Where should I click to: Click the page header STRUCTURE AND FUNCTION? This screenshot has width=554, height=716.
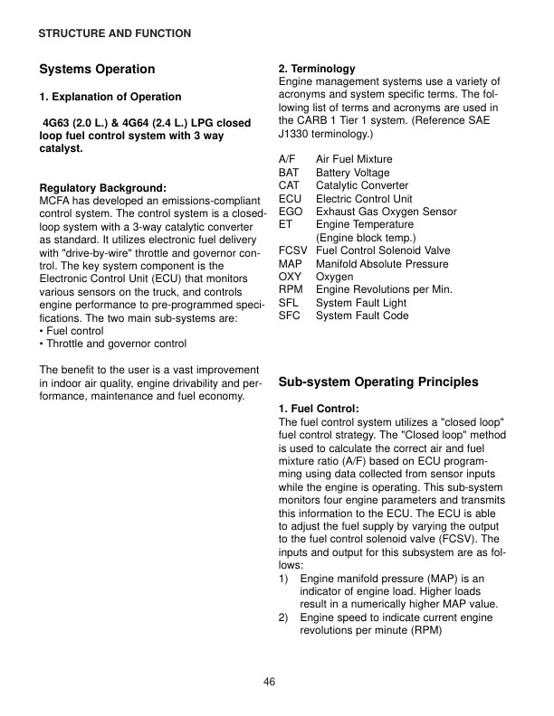click(114, 33)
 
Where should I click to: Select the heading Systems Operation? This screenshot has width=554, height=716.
click(97, 69)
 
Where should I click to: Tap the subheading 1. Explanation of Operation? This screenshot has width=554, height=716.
click(110, 97)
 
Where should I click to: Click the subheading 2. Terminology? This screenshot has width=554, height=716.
click(317, 69)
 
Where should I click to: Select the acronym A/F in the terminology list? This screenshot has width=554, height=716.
click(288, 159)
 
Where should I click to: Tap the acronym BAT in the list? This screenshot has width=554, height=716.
click(289, 173)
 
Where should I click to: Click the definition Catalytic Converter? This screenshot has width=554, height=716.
click(362, 185)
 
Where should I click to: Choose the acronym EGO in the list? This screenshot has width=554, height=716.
click(291, 212)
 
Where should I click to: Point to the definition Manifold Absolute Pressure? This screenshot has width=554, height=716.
click(382, 264)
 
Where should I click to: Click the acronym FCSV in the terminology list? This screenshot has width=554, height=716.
click(293, 250)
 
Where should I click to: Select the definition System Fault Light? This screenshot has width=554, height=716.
click(361, 303)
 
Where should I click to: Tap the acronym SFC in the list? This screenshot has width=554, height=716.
click(289, 316)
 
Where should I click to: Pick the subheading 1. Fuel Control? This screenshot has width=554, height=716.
click(319, 409)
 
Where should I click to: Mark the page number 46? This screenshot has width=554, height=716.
click(270, 682)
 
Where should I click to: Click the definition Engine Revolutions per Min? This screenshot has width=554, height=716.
click(384, 289)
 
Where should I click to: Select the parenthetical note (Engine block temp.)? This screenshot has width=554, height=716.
click(365, 238)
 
